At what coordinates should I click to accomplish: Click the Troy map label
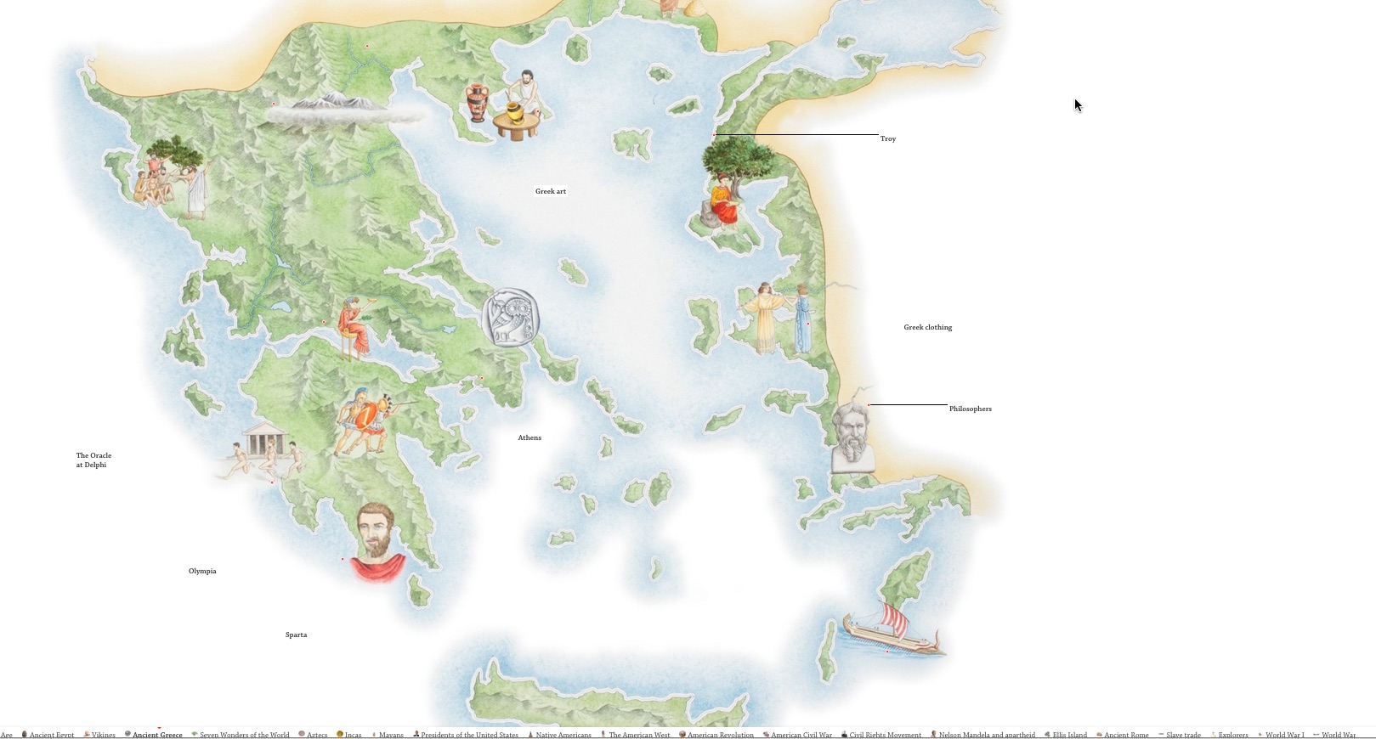tap(887, 138)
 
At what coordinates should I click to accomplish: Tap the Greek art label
tap(550, 191)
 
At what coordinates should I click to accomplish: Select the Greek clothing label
tap(927, 327)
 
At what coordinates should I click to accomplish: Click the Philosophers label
tap(970, 409)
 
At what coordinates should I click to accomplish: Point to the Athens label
tap(529, 437)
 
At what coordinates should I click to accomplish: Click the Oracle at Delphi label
tap(93, 460)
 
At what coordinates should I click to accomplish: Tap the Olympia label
tap(202, 571)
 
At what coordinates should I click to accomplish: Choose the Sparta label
tap(296, 635)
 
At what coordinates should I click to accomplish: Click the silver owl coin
tap(511, 318)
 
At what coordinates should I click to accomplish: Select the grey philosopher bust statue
tap(852, 437)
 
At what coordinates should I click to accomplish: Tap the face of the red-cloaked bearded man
tap(374, 528)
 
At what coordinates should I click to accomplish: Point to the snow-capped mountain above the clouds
tap(327, 103)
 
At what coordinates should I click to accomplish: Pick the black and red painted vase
tap(478, 103)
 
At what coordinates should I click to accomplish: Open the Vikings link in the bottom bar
tap(103, 735)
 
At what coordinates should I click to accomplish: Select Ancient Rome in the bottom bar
tap(1126, 735)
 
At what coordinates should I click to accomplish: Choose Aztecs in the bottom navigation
tap(317, 735)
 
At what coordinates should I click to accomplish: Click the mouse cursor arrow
tap(1077, 104)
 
